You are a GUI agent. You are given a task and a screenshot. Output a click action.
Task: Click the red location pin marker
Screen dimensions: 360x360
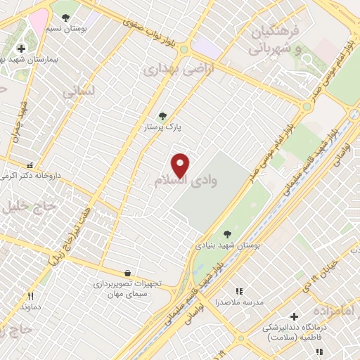181,166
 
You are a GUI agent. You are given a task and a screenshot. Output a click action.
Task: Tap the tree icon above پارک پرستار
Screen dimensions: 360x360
163,116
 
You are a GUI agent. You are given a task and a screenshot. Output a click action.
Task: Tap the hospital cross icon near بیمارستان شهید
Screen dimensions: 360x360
22,49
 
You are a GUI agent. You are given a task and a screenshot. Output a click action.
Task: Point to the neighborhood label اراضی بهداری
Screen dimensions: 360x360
168,71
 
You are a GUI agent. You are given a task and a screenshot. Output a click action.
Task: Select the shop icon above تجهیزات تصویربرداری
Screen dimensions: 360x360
127,272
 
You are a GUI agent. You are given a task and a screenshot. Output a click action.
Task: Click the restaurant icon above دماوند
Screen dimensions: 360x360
30,296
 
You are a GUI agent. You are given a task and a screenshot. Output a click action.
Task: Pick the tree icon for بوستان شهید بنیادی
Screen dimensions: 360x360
226,234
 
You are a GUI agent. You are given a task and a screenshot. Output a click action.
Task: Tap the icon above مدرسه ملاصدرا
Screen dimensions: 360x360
238,290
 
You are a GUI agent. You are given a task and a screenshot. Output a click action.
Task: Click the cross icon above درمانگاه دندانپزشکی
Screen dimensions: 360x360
294,316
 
